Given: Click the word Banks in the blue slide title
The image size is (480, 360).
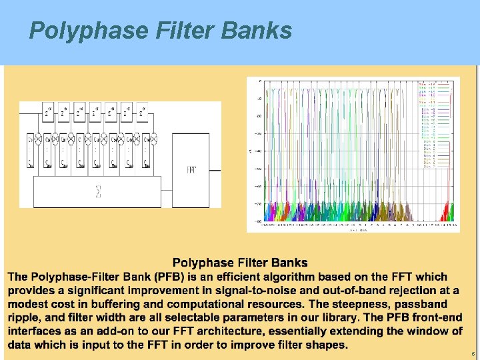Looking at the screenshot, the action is coord(258,30).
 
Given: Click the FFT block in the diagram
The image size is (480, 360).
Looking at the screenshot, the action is coord(191,170).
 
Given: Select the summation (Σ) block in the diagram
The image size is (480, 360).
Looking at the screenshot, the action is coord(98,193).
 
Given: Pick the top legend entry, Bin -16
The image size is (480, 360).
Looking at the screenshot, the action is coord(427,83).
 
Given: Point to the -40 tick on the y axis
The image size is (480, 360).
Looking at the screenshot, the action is coord(258,151).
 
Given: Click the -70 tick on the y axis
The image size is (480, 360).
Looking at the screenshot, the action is coord(258,204).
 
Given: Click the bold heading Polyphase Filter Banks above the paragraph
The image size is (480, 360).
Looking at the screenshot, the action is coord(240,263).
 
